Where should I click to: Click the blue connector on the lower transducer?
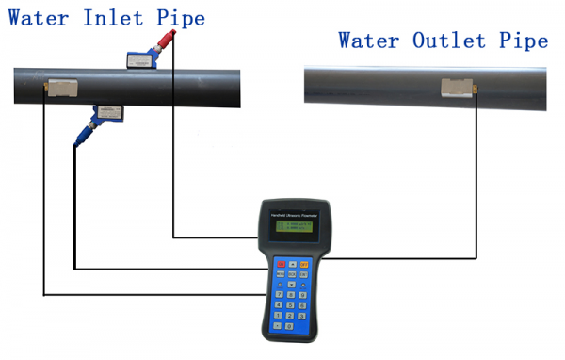(83, 137)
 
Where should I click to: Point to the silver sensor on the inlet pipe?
(63, 89)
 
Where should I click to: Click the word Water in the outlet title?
(369, 41)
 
